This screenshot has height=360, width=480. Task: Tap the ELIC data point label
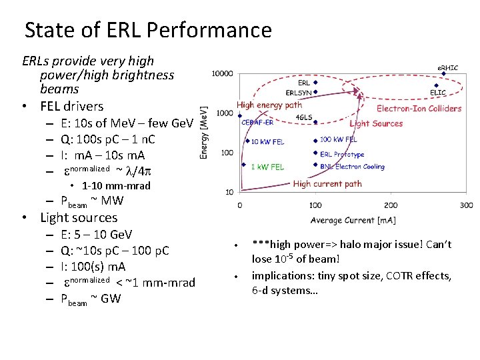tap(438, 93)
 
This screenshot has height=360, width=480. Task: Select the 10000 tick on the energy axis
tap(223, 73)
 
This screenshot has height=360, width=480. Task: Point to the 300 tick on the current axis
tap(466, 205)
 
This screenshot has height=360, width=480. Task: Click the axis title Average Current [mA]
tap(352, 220)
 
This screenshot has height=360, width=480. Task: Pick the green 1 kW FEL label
tap(267, 167)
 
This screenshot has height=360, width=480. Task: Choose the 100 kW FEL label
tap(338, 140)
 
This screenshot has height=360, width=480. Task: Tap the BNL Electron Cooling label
tap(352, 167)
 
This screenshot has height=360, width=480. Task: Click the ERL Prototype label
tap(342, 154)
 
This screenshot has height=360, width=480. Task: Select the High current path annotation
tap(327, 183)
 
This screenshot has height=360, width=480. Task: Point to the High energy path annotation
tap(269, 105)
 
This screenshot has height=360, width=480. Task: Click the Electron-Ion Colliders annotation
tap(419, 109)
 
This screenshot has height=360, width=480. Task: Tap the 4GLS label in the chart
tap(303, 118)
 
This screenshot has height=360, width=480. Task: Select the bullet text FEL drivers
tap(72, 106)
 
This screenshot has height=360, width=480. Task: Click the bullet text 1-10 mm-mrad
tap(116, 185)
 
